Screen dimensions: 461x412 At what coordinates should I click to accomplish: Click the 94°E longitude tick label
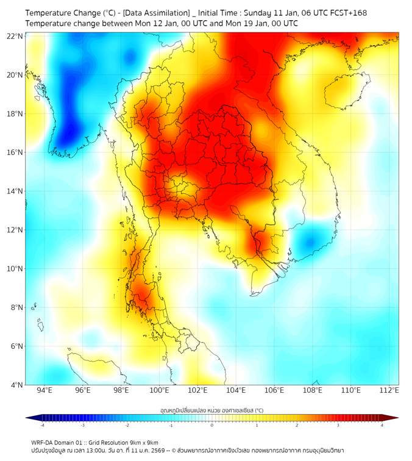pos(44,391)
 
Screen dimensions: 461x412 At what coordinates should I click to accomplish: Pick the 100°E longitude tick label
pos(159,391)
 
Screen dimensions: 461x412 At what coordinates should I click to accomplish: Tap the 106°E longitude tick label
pos(274,391)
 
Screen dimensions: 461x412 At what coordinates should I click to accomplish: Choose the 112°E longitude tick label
pos(389,391)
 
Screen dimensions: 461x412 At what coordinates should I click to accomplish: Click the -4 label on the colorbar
pos(42,426)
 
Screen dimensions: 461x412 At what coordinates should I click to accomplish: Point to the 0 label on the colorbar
pos(212,426)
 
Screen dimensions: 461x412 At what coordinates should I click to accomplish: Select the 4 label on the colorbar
pos(382,426)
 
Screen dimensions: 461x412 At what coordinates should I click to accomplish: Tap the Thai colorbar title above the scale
pos(211,410)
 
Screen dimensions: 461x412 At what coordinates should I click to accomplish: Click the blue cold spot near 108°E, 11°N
pos(310,241)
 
